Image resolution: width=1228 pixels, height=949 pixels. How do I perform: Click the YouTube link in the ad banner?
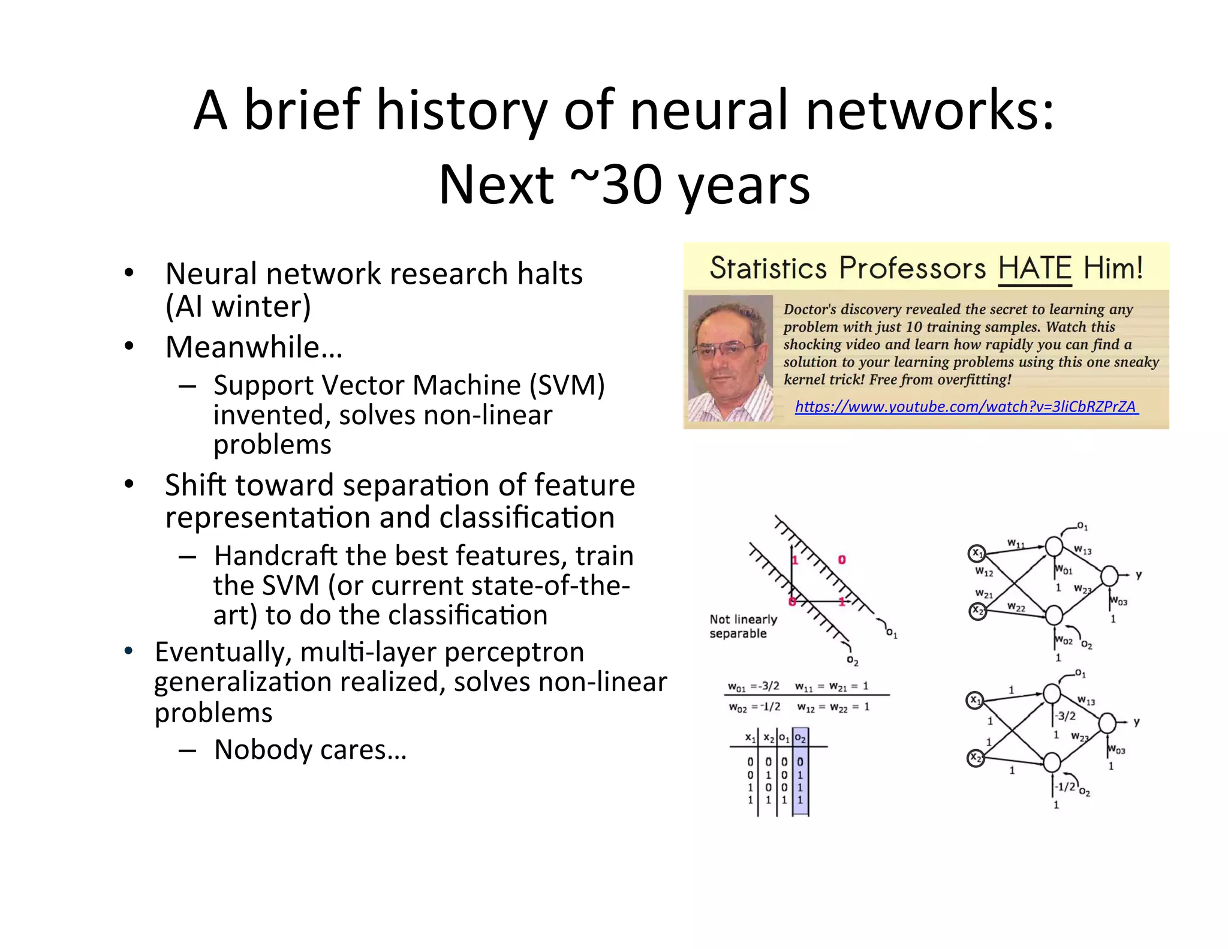pyautogui.click(x=966, y=407)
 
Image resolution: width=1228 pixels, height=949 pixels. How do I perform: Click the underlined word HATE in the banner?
pyautogui.click(x=1034, y=268)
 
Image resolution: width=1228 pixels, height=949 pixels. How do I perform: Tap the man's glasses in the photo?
pyautogui.click(x=726, y=349)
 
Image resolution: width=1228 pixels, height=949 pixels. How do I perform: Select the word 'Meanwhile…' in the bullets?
pyautogui.click(x=254, y=347)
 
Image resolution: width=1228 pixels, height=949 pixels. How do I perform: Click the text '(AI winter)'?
pyautogui.click(x=238, y=307)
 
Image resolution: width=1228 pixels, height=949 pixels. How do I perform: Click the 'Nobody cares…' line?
pyautogui.click(x=310, y=750)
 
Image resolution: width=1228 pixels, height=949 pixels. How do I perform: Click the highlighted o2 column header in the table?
pyautogui.click(x=800, y=738)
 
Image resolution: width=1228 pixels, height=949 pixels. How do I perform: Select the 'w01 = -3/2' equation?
pyautogui.click(x=753, y=686)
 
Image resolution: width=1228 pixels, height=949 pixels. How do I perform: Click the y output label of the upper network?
pyautogui.click(x=1138, y=575)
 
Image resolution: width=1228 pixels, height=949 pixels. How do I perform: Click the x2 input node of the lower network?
pyautogui.click(x=976, y=758)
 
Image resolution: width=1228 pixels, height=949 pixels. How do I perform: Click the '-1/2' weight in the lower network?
pyautogui.click(x=1066, y=786)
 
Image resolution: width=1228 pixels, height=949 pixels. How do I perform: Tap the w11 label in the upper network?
pyautogui.click(x=1015, y=543)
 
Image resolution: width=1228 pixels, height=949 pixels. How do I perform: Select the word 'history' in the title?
pyautogui.click(x=461, y=110)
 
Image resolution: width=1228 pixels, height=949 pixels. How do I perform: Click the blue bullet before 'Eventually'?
pyautogui.click(x=128, y=651)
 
